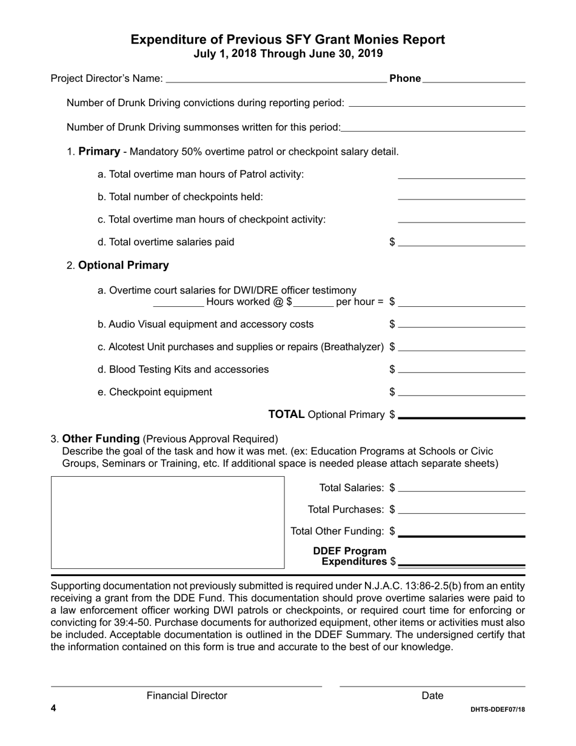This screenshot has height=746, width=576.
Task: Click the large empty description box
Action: click(167, 522)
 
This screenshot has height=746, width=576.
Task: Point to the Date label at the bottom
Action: click(432, 696)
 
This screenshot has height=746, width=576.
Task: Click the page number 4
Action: click(53, 708)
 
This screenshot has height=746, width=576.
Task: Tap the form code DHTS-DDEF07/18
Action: click(497, 710)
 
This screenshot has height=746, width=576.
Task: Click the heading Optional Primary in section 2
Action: click(124, 265)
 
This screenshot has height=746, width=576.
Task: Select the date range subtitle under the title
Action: click(288, 53)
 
